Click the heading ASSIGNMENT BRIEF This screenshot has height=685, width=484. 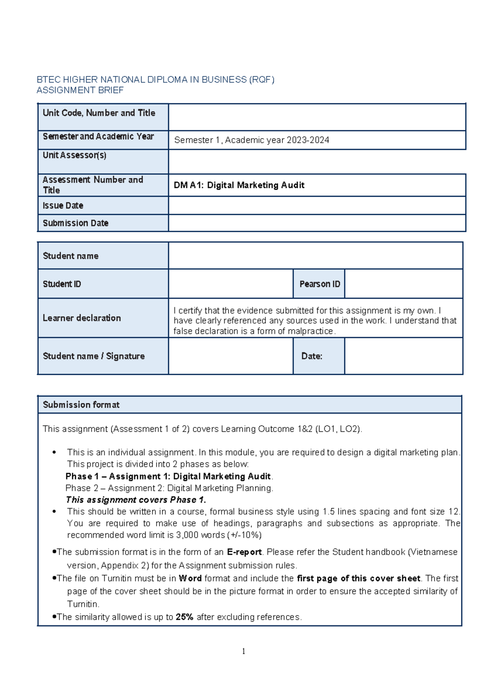tap(80, 90)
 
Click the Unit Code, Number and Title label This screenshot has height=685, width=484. tap(99, 113)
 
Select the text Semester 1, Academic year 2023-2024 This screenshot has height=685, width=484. tap(251, 140)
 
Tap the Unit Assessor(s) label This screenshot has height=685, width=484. tap(75, 155)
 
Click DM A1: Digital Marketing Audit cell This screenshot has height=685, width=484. tap(239, 185)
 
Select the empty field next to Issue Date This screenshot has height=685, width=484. tap(317, 205)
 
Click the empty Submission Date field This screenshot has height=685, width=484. tap(317, 223)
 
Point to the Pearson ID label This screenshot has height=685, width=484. tap(319, 284)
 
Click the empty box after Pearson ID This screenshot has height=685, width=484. tap(403, 284)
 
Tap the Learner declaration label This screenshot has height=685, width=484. tap(82, 318)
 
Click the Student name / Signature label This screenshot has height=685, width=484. tap(94, 356)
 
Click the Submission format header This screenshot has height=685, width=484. tap(81, 405)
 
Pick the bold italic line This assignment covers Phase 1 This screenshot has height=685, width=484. tap(136, 500)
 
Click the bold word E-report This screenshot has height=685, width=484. tap(244, 552)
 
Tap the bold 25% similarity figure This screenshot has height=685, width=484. tap(184, 617)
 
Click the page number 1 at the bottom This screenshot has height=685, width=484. tap(244, 651)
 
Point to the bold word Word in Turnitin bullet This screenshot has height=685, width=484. tap(190, 578)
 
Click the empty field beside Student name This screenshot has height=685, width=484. tap(315, 256)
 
